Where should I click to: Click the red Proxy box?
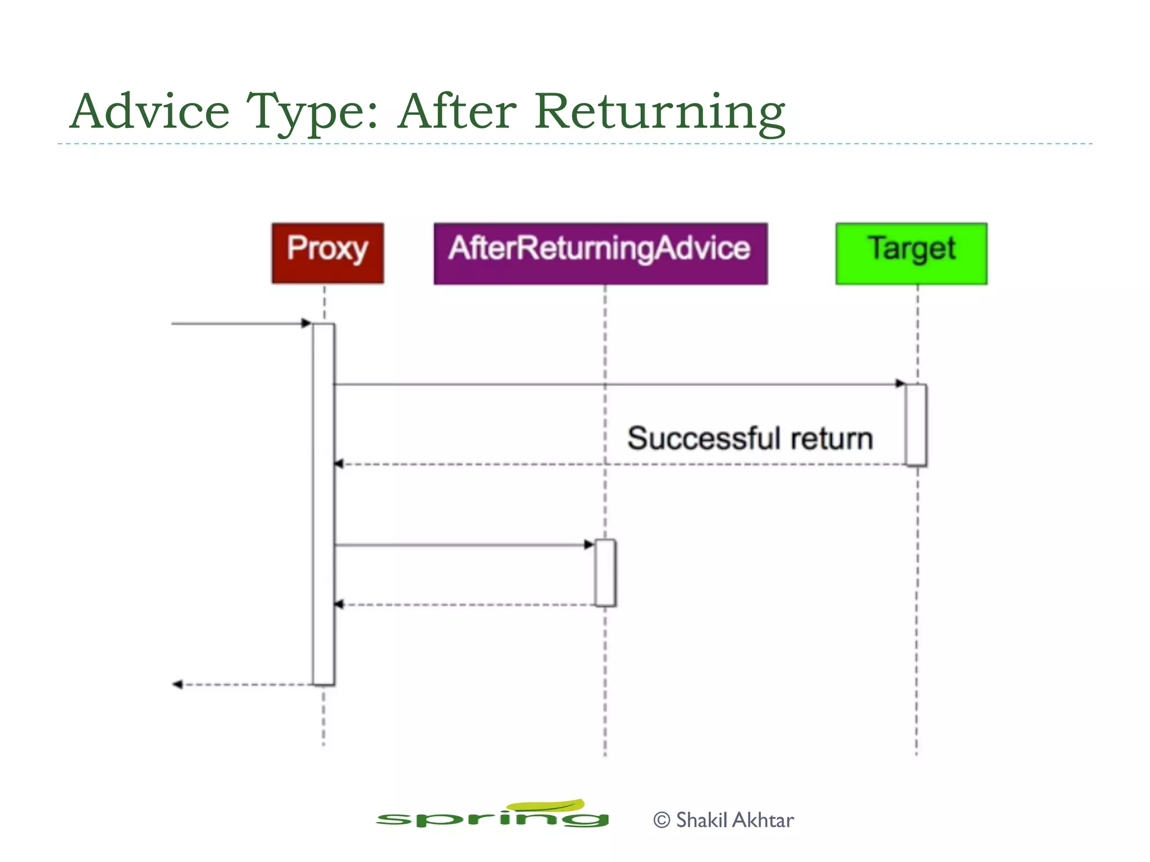pyautogui.click(x=327, y=253)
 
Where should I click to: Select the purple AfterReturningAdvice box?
pyautogui.click(x=600, y=253)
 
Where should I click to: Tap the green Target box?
pyautogui.click(x=911, y=253)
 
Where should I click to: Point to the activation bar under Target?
pyautogui.click(x=916, y=425)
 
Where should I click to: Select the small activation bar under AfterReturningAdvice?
pyautogui.click(x=605, y=572)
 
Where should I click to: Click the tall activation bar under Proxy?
pyautogui.click(x=323, y=505)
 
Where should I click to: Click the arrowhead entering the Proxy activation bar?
pyautogui.click(x=307, y=323)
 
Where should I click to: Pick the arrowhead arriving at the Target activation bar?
pyautogui.click(x=900, y=384)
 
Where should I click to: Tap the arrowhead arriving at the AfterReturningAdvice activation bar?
pyautogui.click(x=588, y=544)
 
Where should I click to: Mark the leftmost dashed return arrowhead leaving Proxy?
pyautogui.click(x=177, y=684)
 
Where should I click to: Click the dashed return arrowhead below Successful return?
pyautogui.click(x=339, y=464)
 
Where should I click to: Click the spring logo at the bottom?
pyautogui.click(x=492, y=815)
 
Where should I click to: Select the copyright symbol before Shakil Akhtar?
pyautogui.click(x=661, y=820)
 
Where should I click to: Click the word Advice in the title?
pyautogui.click(x=149, y=111)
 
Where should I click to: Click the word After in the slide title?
pyautogui.click(x=457, y=111)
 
